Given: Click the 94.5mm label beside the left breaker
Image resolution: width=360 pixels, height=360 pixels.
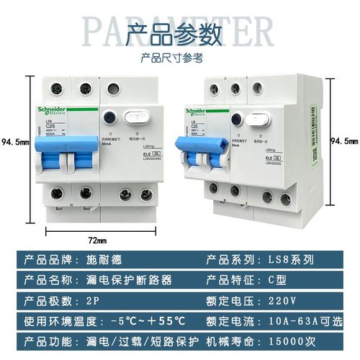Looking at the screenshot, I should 15,142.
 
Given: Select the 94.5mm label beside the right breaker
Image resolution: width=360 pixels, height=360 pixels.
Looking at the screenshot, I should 344,141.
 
